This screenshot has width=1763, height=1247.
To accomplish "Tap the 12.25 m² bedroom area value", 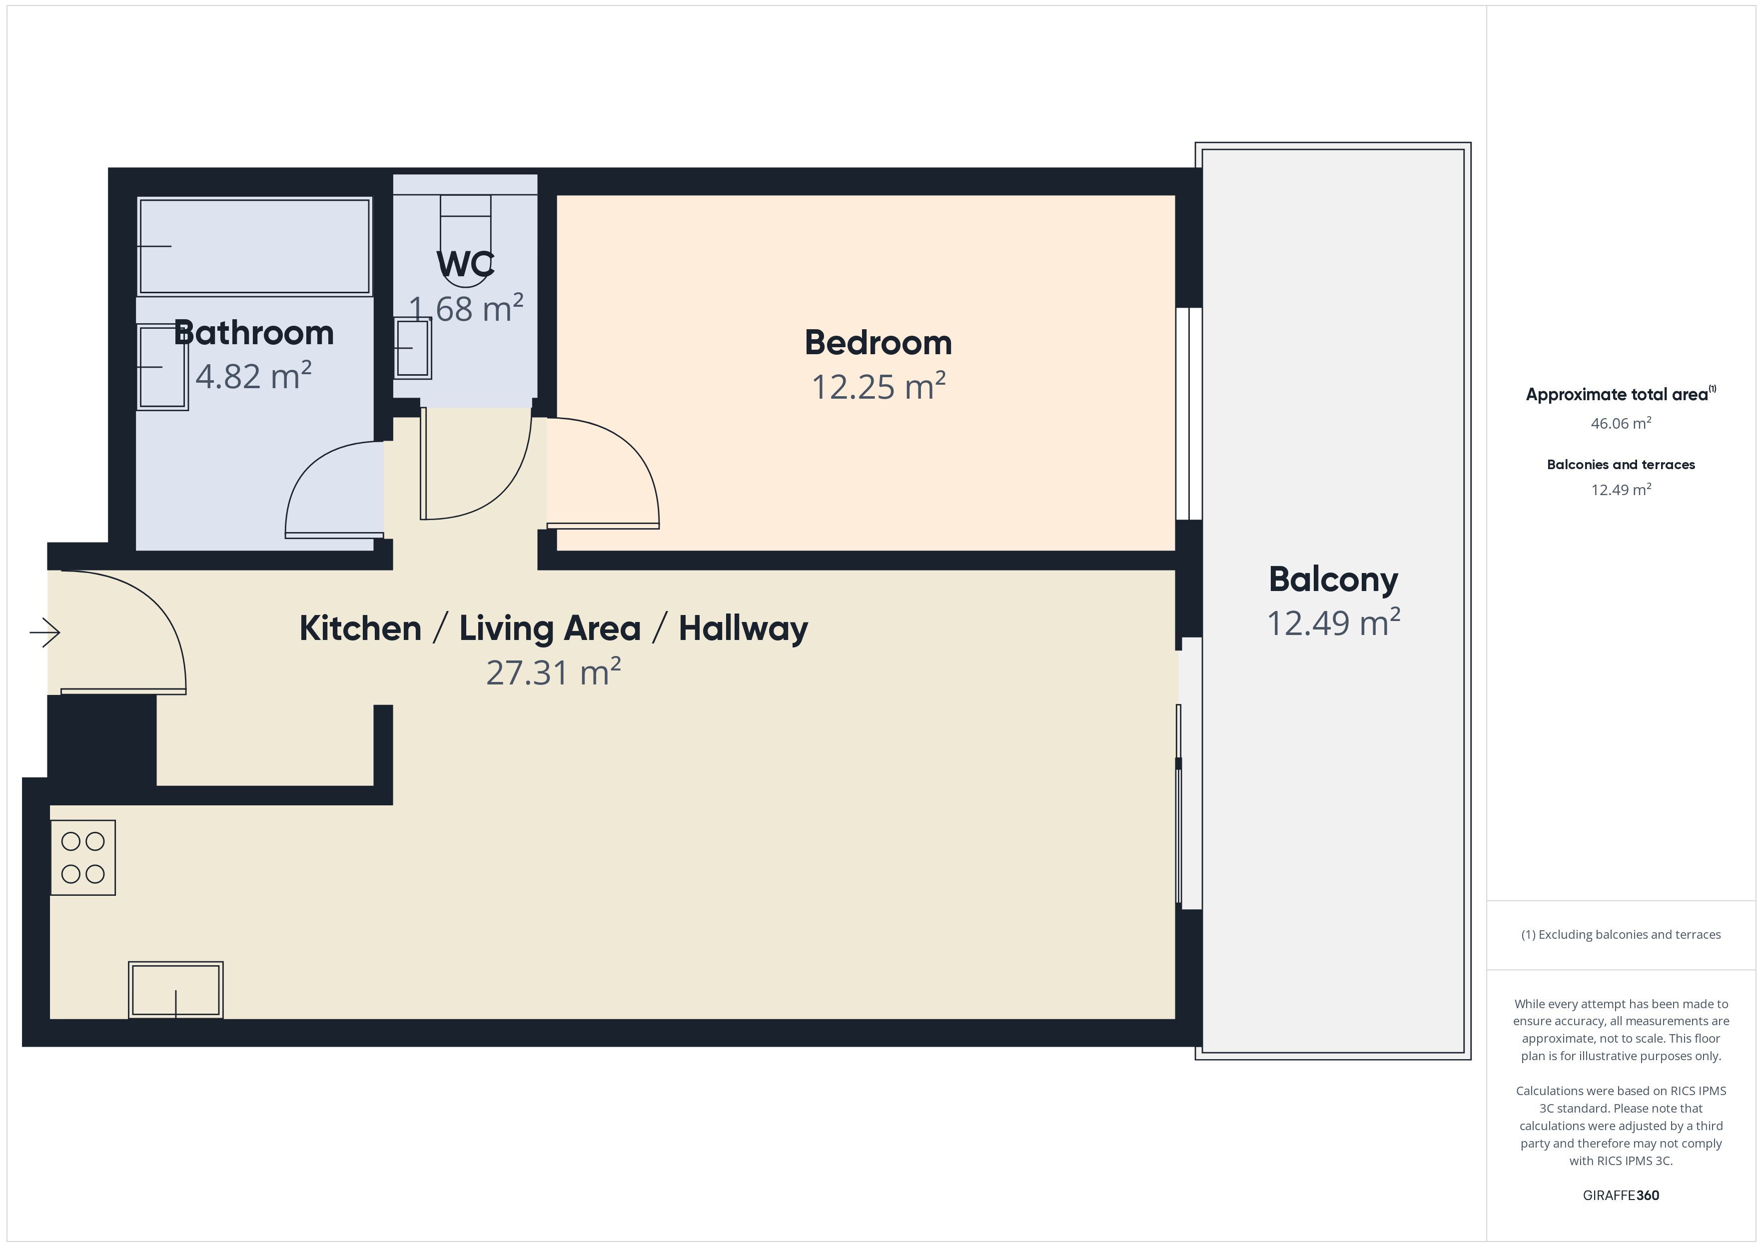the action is point(879,386).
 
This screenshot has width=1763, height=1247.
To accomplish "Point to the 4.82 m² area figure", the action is point(253,376).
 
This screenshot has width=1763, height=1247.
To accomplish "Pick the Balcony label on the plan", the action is point(1333,580).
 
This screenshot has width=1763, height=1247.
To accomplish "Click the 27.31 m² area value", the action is point(553,672).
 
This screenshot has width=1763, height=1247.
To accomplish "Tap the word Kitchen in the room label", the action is point(360,628).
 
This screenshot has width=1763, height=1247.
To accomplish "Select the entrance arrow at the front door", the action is point(44,632).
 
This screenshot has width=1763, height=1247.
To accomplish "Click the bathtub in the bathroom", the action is point(254,246).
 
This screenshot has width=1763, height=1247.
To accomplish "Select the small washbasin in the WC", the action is point(412,348).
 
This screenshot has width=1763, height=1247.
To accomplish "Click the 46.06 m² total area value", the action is point(1621,423).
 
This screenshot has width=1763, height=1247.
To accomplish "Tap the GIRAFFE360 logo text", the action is point(1621,1196).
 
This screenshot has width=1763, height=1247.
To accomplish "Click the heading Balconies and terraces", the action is point(1621,465).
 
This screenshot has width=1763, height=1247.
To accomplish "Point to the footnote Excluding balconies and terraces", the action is point(1621,934).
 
